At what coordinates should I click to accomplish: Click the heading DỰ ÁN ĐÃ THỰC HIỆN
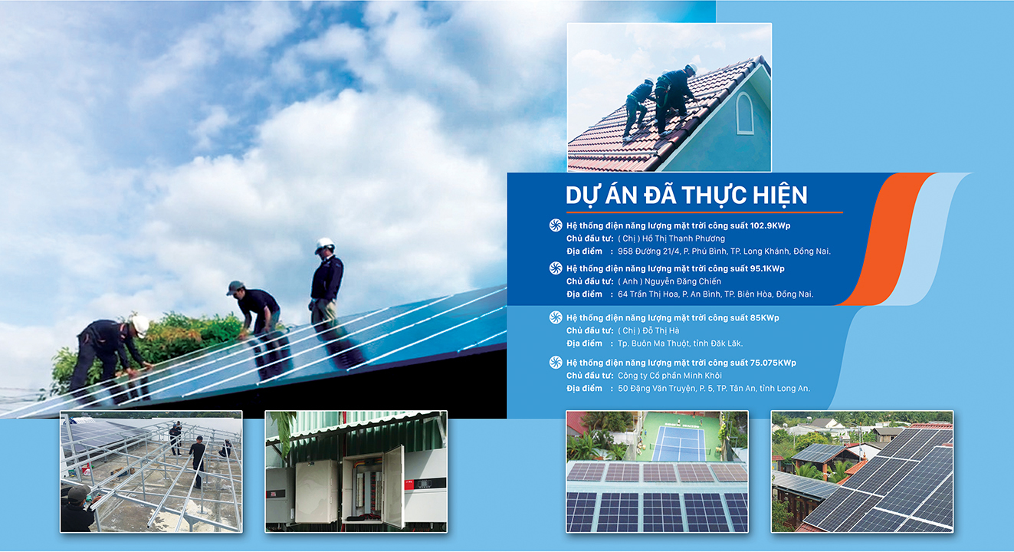tap(686, 195)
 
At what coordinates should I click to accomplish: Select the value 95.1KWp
tap(767, 268)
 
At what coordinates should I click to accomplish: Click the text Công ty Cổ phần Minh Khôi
tap(670, 376)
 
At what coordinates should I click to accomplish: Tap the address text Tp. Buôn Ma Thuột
tap(650, 343)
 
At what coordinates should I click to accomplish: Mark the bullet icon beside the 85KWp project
tap(556, 317)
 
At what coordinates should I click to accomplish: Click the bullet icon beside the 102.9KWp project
tap(556, 225)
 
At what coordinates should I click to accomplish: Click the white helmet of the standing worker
tap(324, 245)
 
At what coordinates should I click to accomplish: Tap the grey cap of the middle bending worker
tap(235, 287)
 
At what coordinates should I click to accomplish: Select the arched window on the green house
tap(745, 113)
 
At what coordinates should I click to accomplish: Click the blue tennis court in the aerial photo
tap(681, 443)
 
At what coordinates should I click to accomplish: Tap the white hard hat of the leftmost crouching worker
tap(140, 325)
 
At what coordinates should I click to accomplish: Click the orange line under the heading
tap(704, 212)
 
